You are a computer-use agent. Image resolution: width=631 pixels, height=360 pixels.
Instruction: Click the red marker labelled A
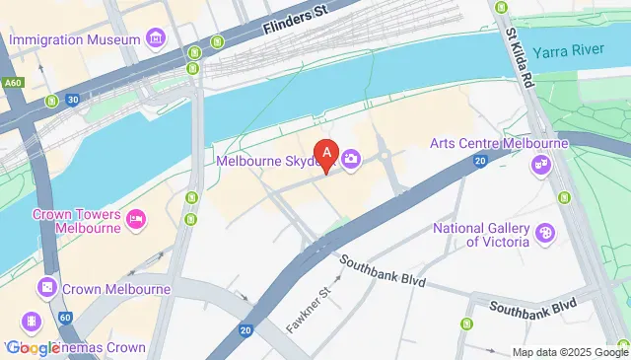[327, 156]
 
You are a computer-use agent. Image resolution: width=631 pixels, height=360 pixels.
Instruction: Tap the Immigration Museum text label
[75, 39]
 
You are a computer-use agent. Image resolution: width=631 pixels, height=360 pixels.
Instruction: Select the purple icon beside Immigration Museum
[154, 39]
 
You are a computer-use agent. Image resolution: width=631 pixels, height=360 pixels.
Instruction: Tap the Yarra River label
[573, 52]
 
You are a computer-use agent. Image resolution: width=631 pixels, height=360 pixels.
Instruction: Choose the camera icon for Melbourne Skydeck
[351, 159]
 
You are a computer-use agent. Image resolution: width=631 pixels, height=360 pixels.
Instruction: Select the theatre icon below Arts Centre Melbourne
[540, 166]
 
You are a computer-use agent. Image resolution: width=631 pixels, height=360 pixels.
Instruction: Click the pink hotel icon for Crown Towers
[137, 219]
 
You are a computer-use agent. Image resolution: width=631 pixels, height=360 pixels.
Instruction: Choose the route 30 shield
[73, 100]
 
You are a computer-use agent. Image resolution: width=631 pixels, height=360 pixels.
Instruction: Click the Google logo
[33, 347]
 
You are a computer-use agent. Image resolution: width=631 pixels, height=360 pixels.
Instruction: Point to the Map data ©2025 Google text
[570, 352]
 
